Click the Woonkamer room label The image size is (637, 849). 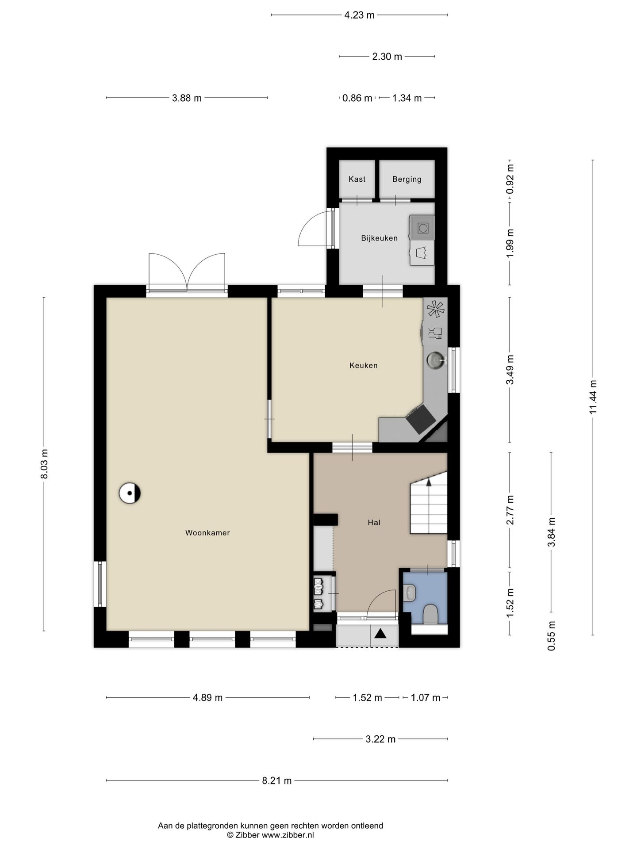(207, 533)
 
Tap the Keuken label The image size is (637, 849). (364, 365)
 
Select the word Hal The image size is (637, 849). (374, 522)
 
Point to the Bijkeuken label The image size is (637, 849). (379, 238)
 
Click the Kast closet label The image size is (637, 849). (357, 179)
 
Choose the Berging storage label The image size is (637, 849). (407, 179)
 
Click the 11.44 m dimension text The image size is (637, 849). (593, 397)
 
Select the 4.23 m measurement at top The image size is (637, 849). (359, 15)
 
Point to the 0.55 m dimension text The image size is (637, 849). (551, 636)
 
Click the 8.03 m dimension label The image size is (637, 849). (44, 464)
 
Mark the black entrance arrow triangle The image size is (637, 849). (381, 634)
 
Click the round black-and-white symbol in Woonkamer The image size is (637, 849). (130, 493)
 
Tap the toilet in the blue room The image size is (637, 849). (430, 615)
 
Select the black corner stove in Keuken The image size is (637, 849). (421, 419)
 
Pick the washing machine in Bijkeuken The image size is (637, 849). (422, 227)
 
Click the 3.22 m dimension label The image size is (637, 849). (380, 739)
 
